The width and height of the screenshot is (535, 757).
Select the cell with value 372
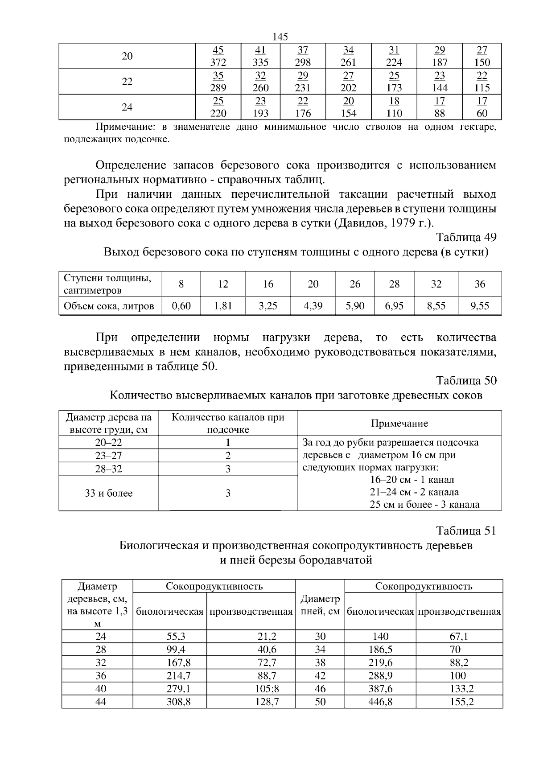click(218, 62)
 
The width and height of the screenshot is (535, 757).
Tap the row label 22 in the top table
click(127, 82)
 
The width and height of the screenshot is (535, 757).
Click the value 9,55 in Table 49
click(479, 306)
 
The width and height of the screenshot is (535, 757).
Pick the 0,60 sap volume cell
click(181, 306)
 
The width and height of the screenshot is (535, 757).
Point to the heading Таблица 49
click(466, 237)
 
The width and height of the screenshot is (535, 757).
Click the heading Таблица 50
click(466, 381)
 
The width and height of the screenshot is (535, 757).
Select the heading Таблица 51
click(466, 531)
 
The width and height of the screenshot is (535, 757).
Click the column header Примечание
click(399, 424)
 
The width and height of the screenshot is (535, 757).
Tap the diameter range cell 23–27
click(108, 456)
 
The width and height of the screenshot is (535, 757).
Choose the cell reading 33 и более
click(108, 493)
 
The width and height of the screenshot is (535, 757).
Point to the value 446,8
click(380, 702)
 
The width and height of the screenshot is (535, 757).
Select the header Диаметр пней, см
click(320, 605)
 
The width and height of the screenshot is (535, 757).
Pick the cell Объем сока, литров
click(109, 306)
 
